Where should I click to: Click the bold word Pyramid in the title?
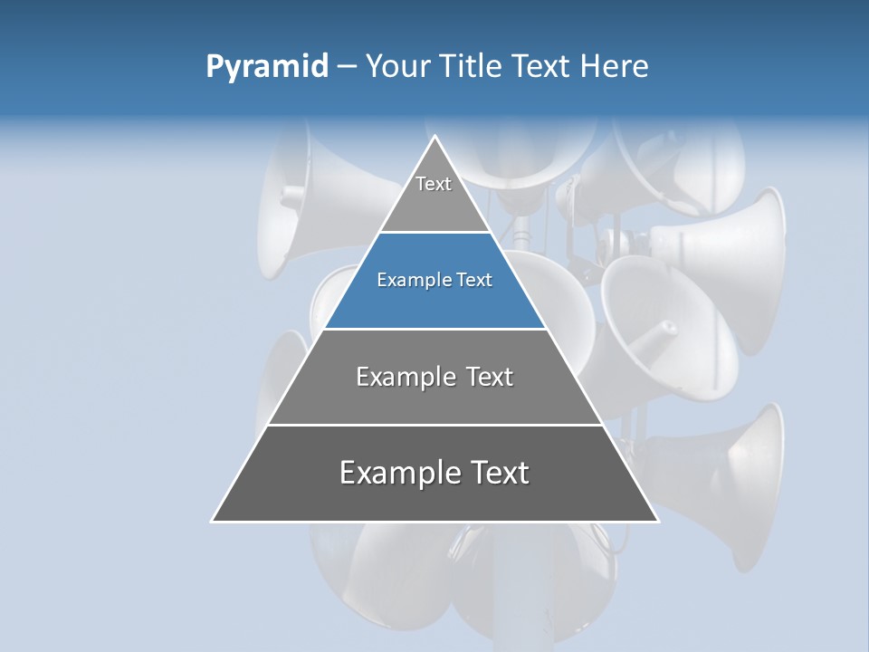point(267,67)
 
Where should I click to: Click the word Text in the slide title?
point(541,66)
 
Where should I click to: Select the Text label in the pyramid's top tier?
point(434,184)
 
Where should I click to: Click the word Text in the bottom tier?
point(497,474)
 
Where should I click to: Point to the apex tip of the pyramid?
point(435,137)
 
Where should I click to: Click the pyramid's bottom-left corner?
point(213,521)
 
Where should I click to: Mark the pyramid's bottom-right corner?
point(657,521)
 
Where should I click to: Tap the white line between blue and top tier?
point(435,233)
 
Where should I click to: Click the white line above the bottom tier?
point(435,425)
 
